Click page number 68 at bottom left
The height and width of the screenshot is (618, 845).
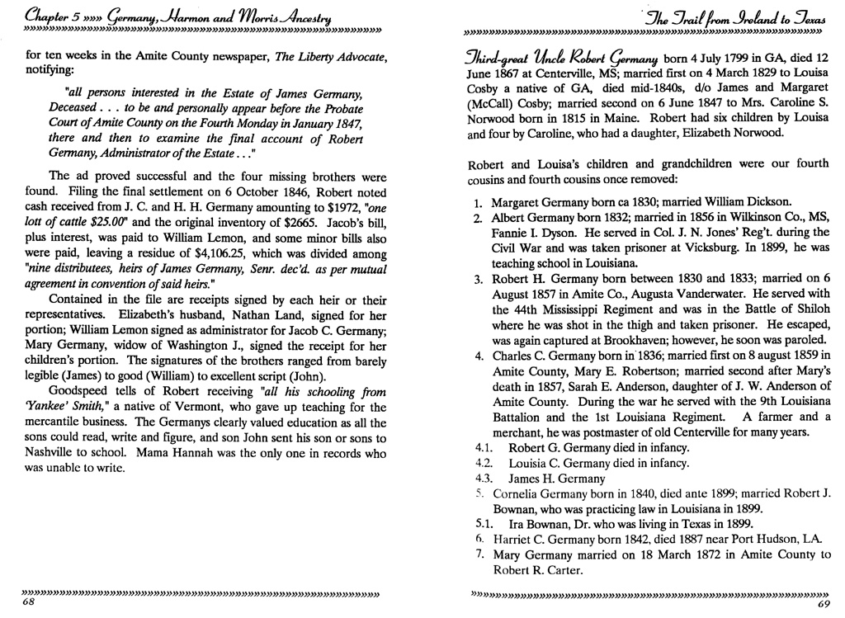[28, 603]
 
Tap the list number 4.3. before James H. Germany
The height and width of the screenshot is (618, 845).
[484, 479]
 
